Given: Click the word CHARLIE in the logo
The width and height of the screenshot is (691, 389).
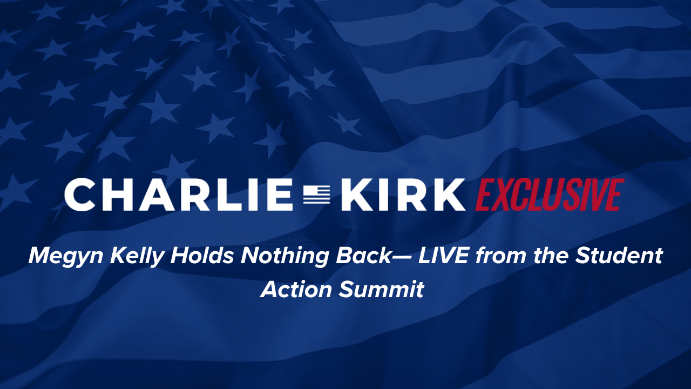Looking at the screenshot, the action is [x=178, y=194].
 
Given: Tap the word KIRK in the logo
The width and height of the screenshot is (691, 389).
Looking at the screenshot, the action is [x=403, y=194].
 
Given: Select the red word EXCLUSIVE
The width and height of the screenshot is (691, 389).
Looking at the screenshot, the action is [x=550, y=194].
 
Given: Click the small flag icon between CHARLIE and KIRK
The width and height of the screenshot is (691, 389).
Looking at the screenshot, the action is [x=317, y=194].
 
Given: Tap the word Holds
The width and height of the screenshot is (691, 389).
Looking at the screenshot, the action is [x=202, y=256].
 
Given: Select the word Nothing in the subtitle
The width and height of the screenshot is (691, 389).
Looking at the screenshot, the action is [x=284, y=257].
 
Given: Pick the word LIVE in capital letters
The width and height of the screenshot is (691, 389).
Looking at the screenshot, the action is [x=443, y=256].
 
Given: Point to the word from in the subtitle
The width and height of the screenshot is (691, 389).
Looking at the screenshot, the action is [x=500, y=256].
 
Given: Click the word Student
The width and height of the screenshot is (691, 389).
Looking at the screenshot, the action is [x=619, y=256].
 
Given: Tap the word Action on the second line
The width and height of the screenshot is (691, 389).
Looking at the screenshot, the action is [x=296, y=290].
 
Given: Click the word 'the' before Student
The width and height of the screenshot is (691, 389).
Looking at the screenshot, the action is [x=551, y=256].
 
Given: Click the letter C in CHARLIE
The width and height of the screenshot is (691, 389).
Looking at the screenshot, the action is [x=79, y=194].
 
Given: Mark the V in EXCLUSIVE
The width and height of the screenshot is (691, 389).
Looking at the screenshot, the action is [x=597, y=194].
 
